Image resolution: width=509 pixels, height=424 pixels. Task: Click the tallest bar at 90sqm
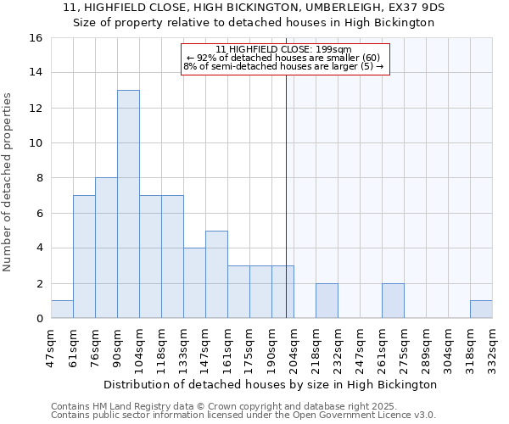(x=128, y=204)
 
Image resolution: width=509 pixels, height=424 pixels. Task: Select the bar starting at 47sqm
(x=62, y=310)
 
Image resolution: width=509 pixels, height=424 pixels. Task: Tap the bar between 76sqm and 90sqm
(x=106, y=248)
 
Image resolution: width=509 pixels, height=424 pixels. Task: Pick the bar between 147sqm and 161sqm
(x=216, y=275)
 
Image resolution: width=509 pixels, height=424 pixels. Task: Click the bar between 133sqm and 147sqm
(x=194, y=283)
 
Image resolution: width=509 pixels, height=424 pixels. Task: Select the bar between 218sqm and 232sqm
(x=327, y=301)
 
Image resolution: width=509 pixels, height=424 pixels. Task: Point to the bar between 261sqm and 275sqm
(x=393, y=301)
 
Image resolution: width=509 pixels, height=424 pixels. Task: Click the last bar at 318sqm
(x=481, y=310)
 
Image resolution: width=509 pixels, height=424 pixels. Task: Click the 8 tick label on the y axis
(x=39, y=178)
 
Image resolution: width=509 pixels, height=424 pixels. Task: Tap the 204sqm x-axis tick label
(x=294, y=345)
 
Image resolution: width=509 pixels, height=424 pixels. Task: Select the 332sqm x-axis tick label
(x=492, y=345)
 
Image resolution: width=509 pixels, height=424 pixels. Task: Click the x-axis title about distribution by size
(x=271, y=384)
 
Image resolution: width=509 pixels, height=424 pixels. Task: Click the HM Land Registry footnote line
(x=219, y=406)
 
